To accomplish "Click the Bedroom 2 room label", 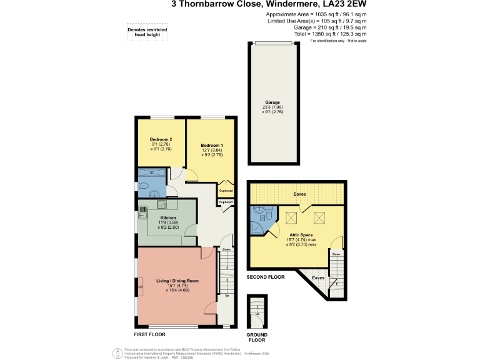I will [x=161, y=139].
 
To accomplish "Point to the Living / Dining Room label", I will [x=177, y=281].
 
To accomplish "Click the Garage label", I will [x=272, y=102].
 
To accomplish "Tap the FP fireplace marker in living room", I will [x=140, y=287].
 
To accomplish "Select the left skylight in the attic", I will [x=291, y=217].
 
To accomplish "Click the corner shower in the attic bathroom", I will [x=256, y=216].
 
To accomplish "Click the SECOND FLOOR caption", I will [x=265, y=277].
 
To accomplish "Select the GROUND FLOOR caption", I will [x=257, y=337].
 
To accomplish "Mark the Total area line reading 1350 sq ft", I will [x=330, y=35].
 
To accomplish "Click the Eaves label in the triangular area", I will [x=317, y=277].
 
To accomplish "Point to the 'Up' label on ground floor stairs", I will [x=256, y=313].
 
